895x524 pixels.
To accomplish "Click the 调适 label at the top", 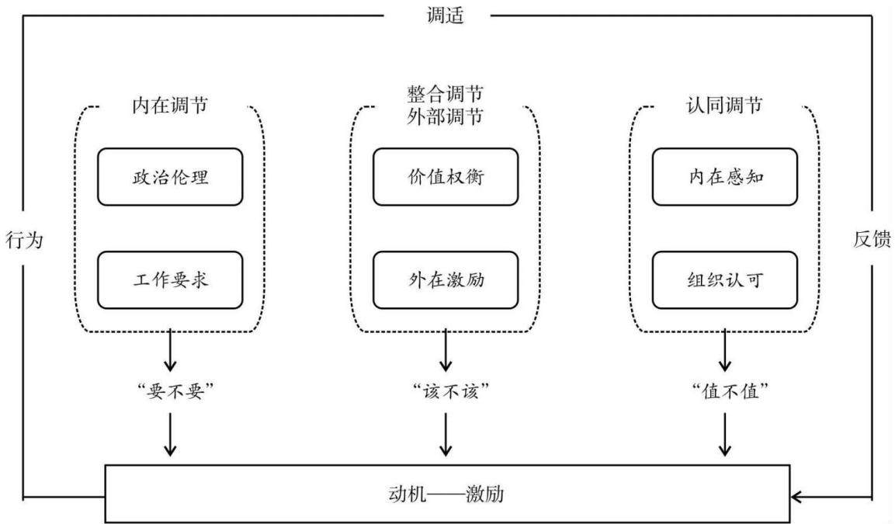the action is click(x=446, y=15).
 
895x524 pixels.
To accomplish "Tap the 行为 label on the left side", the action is click(x=25, y=240).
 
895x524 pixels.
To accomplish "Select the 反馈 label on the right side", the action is click(x=872, y=239).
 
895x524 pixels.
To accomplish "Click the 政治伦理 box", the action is click(x=170, y=177).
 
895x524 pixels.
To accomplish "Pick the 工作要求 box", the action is click(x=170, y=280).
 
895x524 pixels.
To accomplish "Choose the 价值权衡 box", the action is click(x=446, y=177).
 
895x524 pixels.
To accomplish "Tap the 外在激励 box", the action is click(x=446, y=280).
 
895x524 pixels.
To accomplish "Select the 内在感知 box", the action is click(x=725, y=177).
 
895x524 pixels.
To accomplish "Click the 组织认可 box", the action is click(x=725, y=280).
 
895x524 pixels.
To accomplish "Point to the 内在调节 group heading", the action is click(x=170, y=105).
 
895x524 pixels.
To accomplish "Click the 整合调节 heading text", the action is click(x=446, y=93).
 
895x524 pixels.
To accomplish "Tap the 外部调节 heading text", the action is click(x=446, y=116).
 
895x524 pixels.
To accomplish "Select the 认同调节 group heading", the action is click(x=724, y=105).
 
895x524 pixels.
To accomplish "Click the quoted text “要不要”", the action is click(x=175, y=391).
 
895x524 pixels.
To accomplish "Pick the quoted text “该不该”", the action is click(x=451, y=391).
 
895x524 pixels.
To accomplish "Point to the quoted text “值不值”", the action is click(x=730, y=391).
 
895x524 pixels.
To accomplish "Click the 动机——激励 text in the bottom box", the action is click(x=446, y=494).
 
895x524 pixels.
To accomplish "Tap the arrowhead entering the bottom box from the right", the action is click(x=797, y=497).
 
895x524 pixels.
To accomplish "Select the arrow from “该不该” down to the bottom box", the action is click(x=446, y=434).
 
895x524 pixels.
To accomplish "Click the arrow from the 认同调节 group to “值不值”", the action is click(x=725, y=350).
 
